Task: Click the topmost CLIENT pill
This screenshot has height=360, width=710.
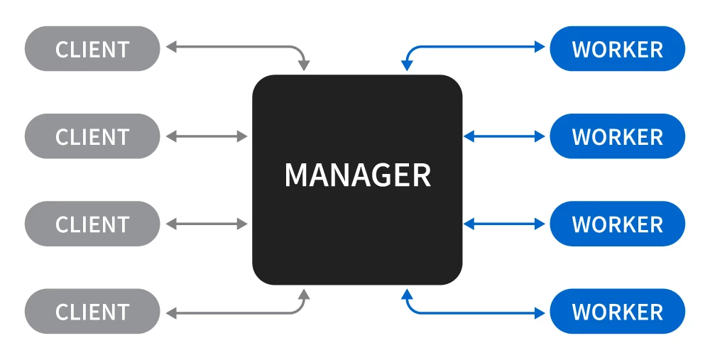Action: point(92,49)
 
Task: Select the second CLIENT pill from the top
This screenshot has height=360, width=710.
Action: point(92,136)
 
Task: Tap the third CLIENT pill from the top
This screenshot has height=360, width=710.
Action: point(92,224)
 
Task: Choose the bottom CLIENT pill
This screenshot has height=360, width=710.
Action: point(92,312)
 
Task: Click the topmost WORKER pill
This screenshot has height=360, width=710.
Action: point(617,49)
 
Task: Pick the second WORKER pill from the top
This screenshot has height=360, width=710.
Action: point(617,136)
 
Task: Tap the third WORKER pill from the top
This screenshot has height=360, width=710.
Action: point(617,224)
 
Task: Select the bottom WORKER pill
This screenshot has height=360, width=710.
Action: point(617,312)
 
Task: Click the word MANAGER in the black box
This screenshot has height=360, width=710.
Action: point(358,175)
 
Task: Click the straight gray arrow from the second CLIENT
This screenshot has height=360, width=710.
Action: point(207,136)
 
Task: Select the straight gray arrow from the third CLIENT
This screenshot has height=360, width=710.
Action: point(207,224)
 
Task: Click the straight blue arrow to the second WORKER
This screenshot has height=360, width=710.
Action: point(504,136)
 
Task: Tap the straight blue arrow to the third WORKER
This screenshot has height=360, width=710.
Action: point(504,224)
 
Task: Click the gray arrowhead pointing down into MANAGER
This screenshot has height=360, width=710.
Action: point(305,66)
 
